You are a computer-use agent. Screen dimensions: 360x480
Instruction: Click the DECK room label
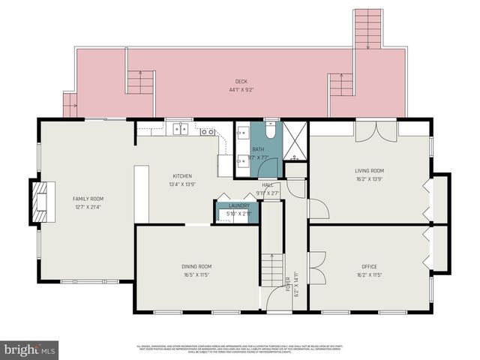[x=241, y=82]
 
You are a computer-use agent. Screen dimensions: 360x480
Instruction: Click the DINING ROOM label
[x=196, y=266]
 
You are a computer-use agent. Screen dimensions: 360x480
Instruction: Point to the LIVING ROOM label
[x=369, y=170]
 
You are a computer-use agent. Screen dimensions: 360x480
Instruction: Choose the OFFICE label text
[x=369, y=266]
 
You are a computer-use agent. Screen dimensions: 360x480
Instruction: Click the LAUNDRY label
[x=238, y=205]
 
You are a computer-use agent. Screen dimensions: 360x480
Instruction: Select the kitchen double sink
[x=180, y=129]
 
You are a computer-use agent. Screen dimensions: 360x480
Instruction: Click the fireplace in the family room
[x=40, y=200]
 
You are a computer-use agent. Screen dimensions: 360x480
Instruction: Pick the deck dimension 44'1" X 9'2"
[x=241, y=90]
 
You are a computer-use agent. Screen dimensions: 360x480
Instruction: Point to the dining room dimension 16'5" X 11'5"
[x=196, y=274]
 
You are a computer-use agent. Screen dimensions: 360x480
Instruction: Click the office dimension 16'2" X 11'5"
[x=369, y=274]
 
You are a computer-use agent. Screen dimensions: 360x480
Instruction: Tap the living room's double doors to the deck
[x=376, y=131]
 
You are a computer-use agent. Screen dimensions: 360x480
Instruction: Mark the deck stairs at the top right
[x=367, y=28]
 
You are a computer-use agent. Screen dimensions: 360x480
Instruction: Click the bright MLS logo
[x=30, y=349]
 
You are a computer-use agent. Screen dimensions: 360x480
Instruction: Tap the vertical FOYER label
[x=289, y=283]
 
